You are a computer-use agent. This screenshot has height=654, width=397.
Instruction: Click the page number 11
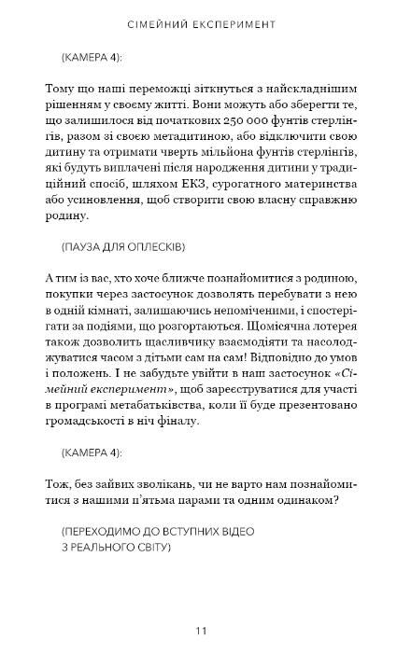201,605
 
